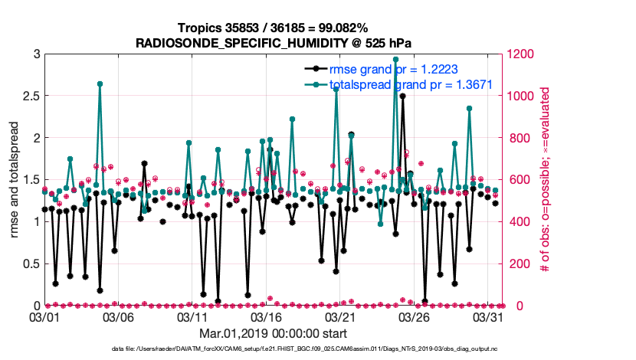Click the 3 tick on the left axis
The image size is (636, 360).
point(36,54)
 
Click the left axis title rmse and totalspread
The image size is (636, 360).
point(15,179)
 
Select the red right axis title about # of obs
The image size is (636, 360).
point(546,179)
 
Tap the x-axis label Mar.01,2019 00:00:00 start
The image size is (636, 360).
point(273,334)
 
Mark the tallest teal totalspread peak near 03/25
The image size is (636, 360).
point(395,59)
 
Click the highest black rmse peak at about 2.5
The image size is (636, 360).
point(403,97)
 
